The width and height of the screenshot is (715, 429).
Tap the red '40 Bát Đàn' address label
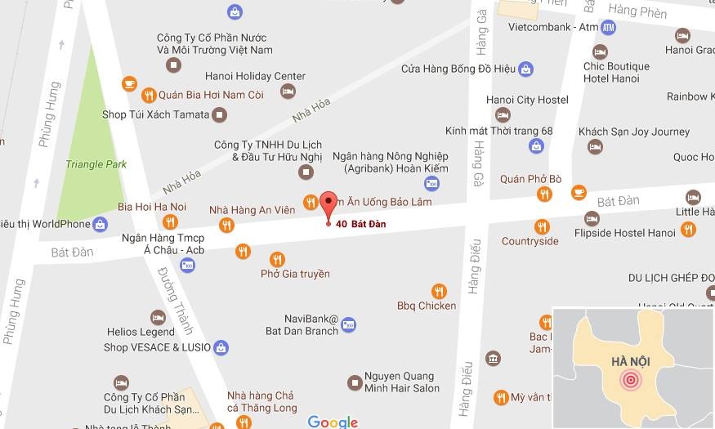click(360, 224)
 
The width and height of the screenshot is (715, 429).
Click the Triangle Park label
click(96, 164)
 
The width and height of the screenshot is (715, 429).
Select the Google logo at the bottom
click(333, 422)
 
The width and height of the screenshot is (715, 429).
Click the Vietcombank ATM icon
click(608, 28)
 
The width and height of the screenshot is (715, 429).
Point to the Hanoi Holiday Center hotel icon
click(287, 92)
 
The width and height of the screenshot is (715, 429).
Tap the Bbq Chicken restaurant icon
click(439, 290)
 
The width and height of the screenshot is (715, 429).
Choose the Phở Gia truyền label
click(295, 274)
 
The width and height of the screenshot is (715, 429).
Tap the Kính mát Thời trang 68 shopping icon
click(536, 146)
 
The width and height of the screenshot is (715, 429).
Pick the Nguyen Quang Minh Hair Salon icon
click(355, 382)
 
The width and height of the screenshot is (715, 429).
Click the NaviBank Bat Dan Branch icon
click(349, 324)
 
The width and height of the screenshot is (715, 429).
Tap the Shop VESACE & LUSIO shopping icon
click(221, 347)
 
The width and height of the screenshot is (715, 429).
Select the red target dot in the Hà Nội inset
click(630, 380)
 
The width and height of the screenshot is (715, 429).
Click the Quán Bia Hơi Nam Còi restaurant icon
click(149, 95)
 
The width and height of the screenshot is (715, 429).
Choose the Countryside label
click(530, 241)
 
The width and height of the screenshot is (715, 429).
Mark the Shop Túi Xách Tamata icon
click(219, 115)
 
